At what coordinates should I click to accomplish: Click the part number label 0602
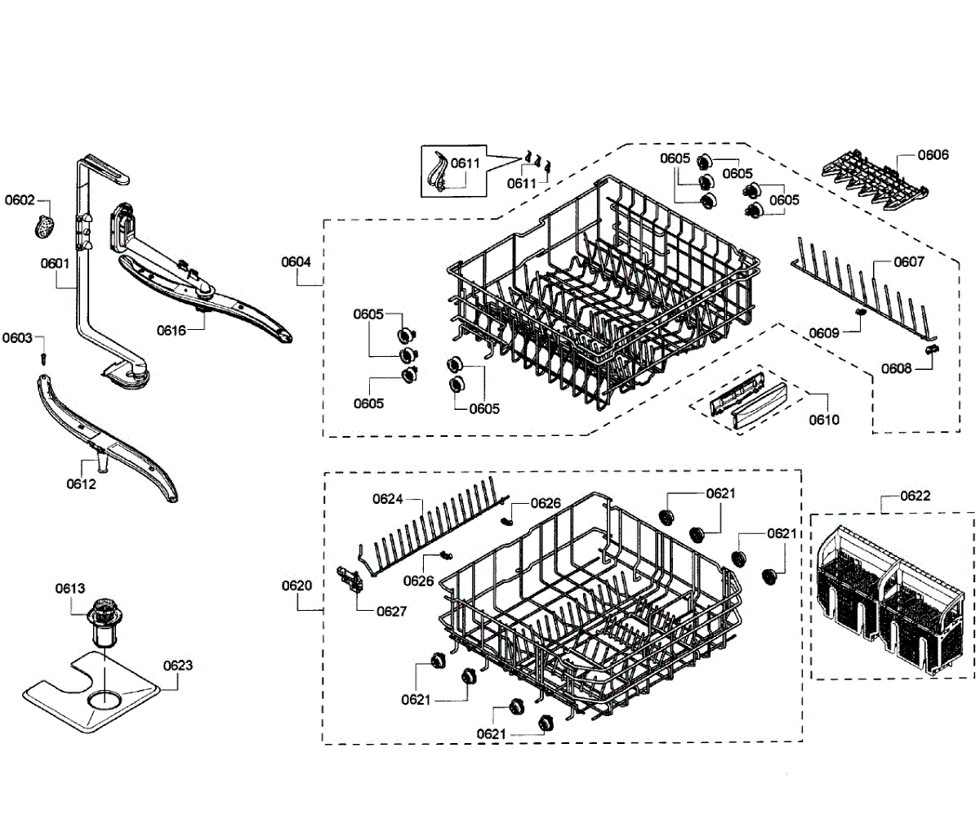(20, 200)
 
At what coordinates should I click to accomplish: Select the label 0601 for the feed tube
(55, 263)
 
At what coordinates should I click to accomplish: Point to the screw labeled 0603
(45, 358)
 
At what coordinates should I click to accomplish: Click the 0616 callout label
(171, 330)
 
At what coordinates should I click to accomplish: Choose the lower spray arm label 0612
(81, 484)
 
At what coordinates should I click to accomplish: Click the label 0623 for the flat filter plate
(177, 666)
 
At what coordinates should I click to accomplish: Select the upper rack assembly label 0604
(296, 262)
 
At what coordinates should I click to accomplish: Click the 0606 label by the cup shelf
(933, 155)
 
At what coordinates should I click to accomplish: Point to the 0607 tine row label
(908, 262)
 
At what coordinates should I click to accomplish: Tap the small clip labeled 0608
(930, 349)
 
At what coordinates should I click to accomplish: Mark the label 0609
(824, 333)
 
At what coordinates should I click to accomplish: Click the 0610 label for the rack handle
(823, 420)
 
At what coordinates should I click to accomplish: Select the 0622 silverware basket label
(915, 496)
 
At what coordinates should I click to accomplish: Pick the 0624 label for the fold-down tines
(388, 499)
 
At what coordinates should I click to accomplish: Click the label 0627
(391, 612)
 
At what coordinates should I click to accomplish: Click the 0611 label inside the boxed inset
(465, 163)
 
